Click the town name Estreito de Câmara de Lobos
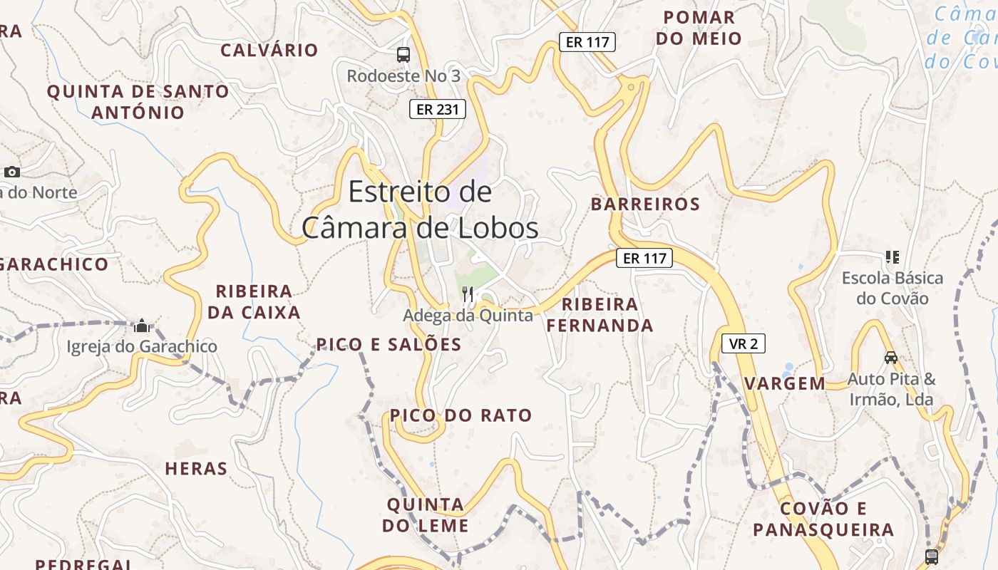420,209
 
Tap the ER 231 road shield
438,109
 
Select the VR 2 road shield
744,344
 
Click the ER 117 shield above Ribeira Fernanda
644,258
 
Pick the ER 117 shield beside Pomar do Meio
587,42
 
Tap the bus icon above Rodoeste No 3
403,54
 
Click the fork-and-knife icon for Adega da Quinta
468,294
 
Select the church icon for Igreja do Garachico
142,326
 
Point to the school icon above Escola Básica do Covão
892,256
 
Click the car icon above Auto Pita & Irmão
890,357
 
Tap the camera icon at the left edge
11,172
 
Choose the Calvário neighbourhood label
269,50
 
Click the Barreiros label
645,204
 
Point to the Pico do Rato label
461,415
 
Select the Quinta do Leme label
426,515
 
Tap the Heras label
196,469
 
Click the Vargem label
785,383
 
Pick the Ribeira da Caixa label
254,301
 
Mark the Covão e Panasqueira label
823,519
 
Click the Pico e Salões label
389,345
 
